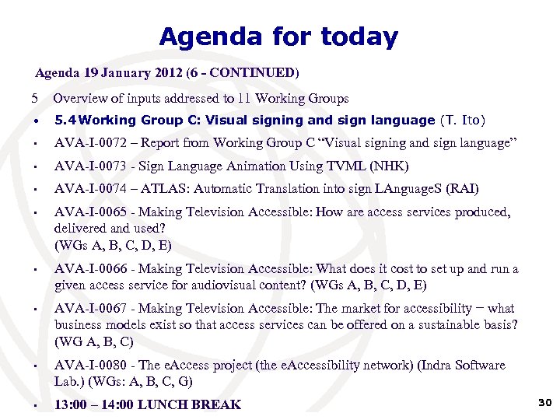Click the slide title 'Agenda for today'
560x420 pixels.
point(278,37)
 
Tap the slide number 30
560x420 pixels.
point(544,401)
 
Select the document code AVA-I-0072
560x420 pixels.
point(86,143)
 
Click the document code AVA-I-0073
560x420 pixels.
point(86,166)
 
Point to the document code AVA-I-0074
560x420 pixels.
point(86,189)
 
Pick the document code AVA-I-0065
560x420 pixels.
point(86,212)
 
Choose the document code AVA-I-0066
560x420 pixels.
point(86,269)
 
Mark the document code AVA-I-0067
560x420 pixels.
point(86,309)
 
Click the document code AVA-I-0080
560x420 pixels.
point(86,366)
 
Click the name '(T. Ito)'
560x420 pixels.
point(463,121)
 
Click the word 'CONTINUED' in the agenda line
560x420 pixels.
point(253,74)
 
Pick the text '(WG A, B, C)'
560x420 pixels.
point(94,341)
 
